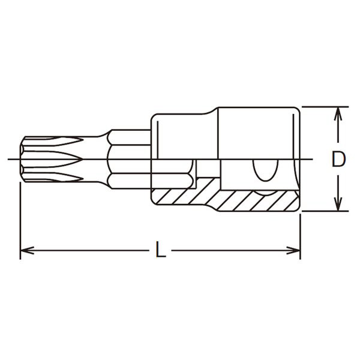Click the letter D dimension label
coord(338,159)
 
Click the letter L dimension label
coord(160,249)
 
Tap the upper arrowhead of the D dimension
coord(338,113)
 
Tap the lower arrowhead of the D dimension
coord(338,205)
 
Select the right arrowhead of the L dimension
coord(293,250)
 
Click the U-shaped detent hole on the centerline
coord(265,170)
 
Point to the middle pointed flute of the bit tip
coord(53,159)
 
